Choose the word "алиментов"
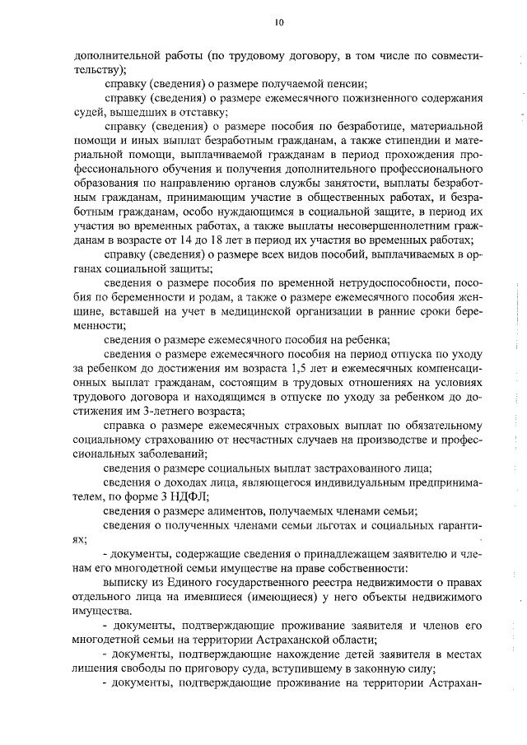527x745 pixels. pyautogui.click(x=226, y=511)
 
